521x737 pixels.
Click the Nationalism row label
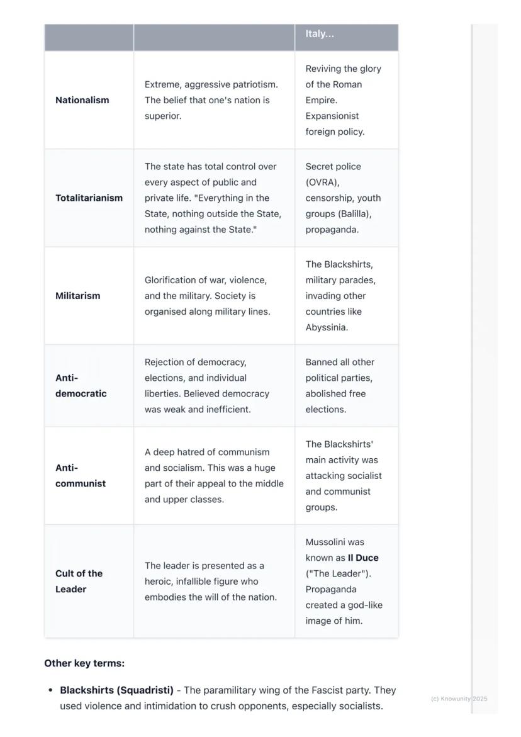[82, 100]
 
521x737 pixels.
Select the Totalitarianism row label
[89, 198]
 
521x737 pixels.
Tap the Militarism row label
[77, 296]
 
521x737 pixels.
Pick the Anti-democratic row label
[81, 386]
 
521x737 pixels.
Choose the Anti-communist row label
[81, 476]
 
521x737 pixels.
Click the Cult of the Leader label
[79, 582]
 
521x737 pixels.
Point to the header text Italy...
[320, 34]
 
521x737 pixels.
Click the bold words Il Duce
[363, 558]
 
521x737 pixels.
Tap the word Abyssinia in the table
[326, 327]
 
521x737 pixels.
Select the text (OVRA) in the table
[322, 183]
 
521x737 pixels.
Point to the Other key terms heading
[84, 663]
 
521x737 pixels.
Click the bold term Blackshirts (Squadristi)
[116, 690]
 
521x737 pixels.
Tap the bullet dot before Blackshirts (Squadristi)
[50, 690]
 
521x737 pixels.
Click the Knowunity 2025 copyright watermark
[459, 699]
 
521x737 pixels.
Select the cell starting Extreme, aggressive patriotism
[211, 100]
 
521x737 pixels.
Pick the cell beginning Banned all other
[340, 386]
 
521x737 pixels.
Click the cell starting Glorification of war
[207, 296]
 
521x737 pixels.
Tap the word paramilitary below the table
[231, 690]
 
